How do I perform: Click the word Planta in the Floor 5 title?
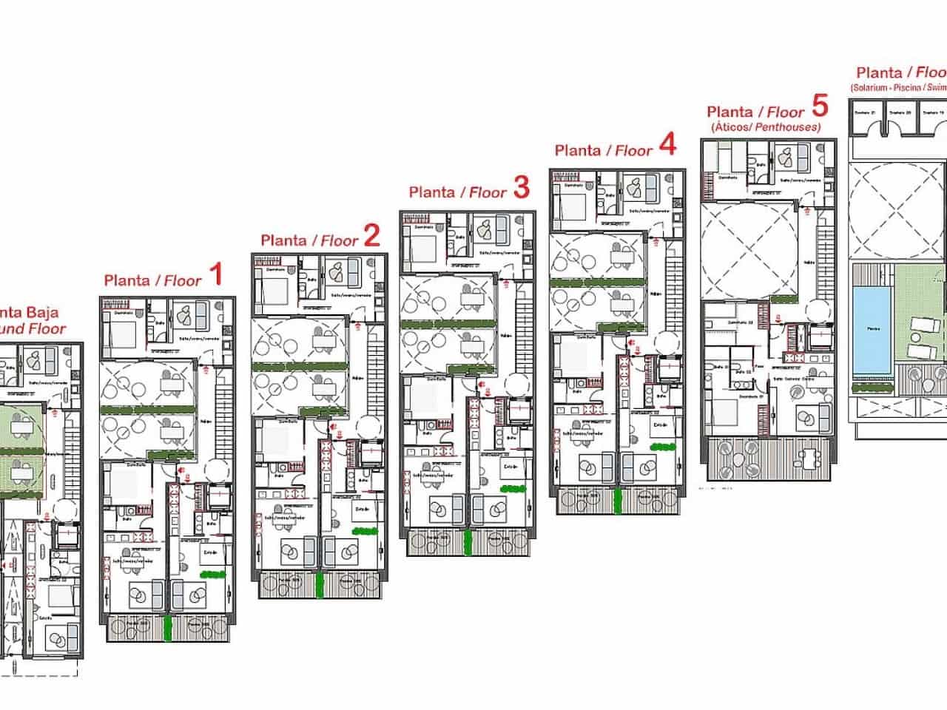click(729, 112)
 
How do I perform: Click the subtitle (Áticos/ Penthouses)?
click(765, 127)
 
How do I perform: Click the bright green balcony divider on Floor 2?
click(320, 584)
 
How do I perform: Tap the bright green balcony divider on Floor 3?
click(468, 541)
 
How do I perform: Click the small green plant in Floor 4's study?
click(661, 446)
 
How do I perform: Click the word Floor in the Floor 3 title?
click(488, 193)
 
